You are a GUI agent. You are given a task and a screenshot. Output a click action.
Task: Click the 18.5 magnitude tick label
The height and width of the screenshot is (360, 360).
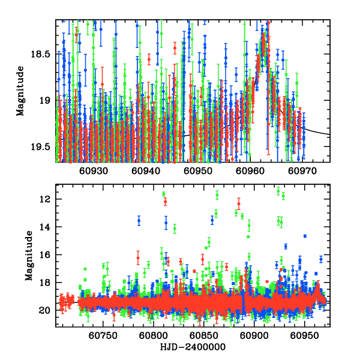pos(43,54)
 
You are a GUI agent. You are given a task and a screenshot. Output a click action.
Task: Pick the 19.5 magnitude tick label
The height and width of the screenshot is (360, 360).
pos(43,148)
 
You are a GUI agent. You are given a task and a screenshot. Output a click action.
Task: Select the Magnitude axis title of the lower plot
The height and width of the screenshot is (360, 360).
pos(28,256)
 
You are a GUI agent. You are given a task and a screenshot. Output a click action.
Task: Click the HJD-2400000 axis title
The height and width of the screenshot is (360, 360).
pos(193,347)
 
